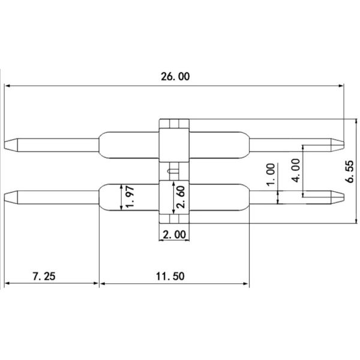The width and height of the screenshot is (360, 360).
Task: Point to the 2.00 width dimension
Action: [x=175, y=235]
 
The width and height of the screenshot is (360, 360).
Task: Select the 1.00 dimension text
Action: [x=271, y=175]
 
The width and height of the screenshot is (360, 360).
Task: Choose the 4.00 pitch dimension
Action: [x=295, y=170]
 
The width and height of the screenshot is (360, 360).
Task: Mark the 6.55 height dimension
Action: [x=350, y=172]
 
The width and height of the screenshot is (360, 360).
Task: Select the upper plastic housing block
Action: [x=175, y=144]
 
